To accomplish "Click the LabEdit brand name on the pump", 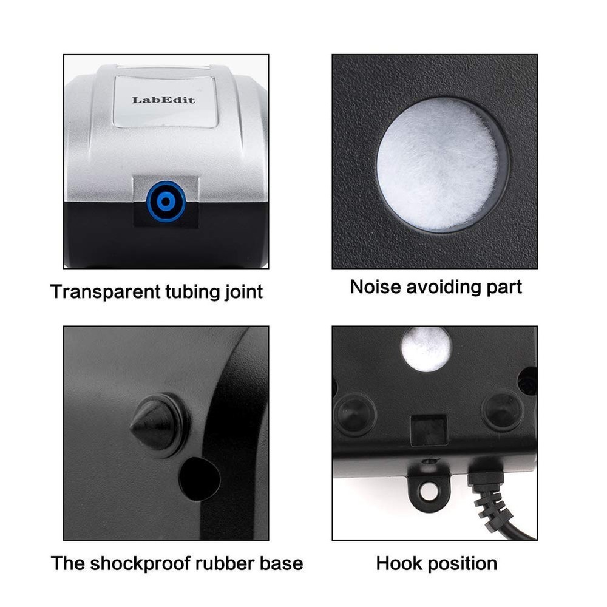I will (163, 100).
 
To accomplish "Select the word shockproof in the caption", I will (141, 563).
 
